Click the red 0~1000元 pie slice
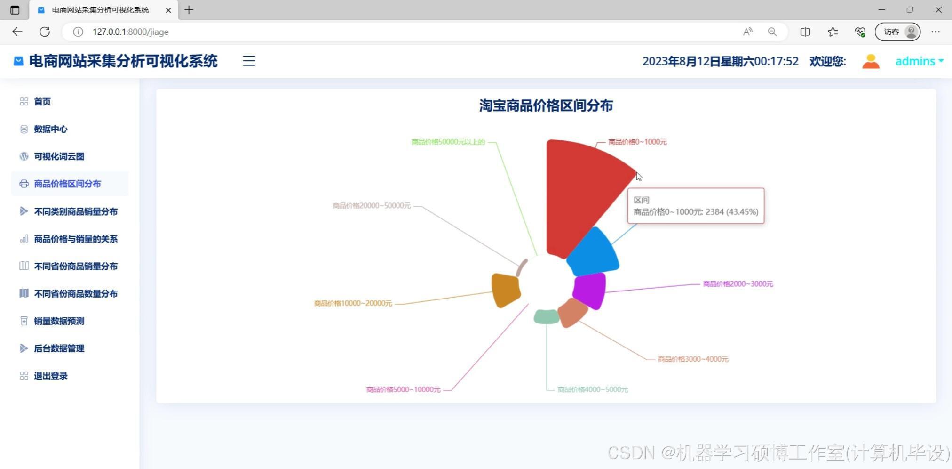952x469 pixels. coord(579,193)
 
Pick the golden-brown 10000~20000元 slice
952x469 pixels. coord(505,290)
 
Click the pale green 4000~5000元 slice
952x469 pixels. coord(546,316)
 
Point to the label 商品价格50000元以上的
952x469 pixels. coord(448,142)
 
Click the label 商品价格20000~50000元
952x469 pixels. coord(371,206)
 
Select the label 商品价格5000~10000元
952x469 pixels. coord(403,389)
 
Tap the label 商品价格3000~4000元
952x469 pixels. coord(692,359)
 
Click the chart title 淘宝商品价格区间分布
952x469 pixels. coord(546,105)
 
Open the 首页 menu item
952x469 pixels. coord(42,102)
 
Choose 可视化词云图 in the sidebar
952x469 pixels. coord(59,156)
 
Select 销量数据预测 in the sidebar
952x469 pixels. coord(59,321)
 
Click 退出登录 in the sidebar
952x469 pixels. coord(50,376)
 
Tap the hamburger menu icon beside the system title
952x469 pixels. coord(249,61)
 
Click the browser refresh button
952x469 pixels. coord(45,32)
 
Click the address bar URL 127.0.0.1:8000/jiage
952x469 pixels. coord(130,32)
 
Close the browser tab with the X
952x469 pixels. coord(168,10)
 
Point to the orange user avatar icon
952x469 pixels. coord(871,61)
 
